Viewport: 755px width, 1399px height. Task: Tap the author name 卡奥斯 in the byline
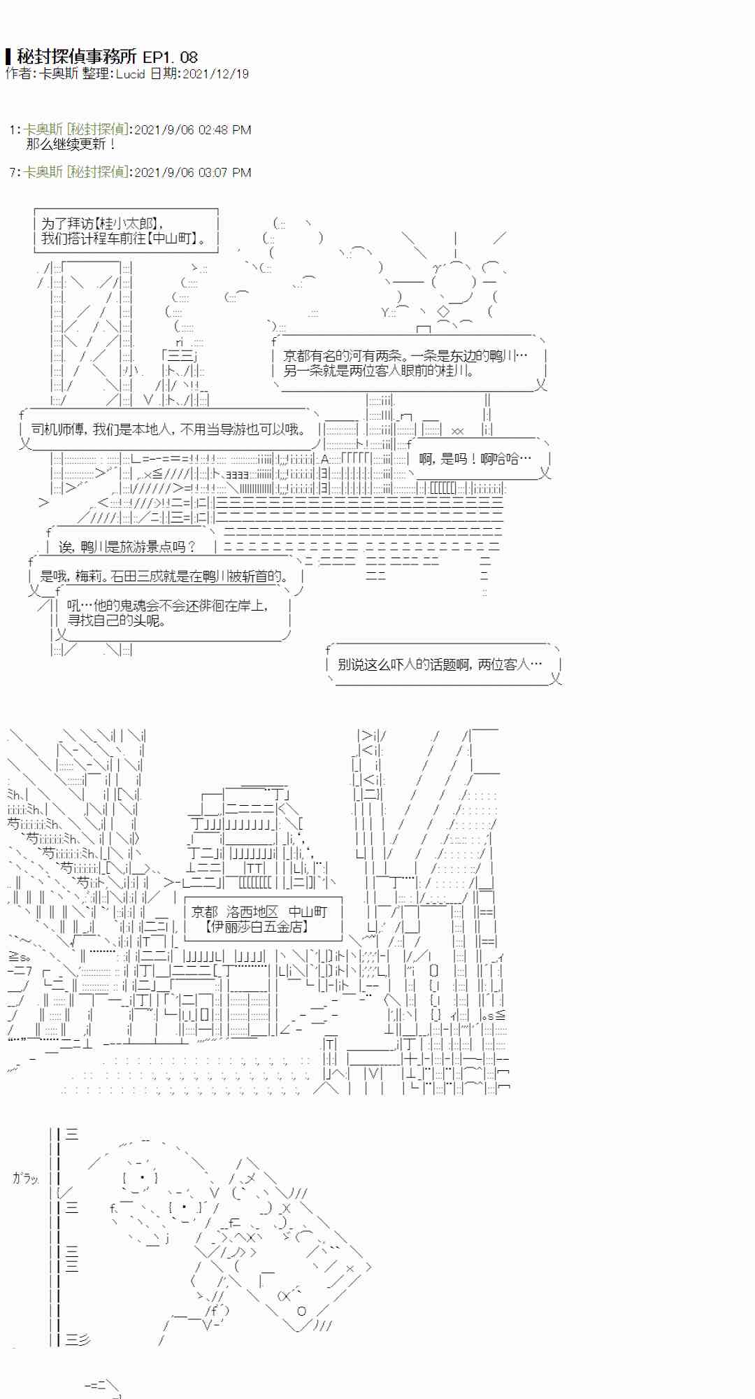pyautogui.click(x=59, y=74)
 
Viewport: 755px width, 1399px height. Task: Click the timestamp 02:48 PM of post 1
pyautogui.click(x=224, y=130)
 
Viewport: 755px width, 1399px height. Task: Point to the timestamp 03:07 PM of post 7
pyautogui.click(x=224, y=172)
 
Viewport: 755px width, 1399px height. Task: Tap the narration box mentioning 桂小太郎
pyautogui.click(x=126, y=230)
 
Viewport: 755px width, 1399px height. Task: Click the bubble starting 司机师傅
pyautogui.click(x=168, y=429)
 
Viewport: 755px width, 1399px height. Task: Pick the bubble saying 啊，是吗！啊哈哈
pyautogui.click(x=475, y=459)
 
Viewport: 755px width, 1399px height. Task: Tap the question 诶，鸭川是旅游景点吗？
pyautogui.click(x=128, y=546)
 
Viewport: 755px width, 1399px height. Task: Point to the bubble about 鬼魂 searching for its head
pyautogui.click(x=168, y=613)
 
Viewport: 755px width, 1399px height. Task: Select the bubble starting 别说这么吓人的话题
pyautogui.click(x=440, y=664)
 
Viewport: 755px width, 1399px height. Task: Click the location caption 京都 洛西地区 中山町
pyautogui.click(x=259, y=911)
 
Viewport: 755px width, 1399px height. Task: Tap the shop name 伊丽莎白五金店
pyautogui.click(x=257, y=926)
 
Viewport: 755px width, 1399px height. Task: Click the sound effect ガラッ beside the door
pyautogui.click(x=25, y=1178)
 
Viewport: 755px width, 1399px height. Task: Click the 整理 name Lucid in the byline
pyautogui.click(x=130, y=74)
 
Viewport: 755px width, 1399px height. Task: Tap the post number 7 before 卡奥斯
pyautogui.click(x=13, y=172)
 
